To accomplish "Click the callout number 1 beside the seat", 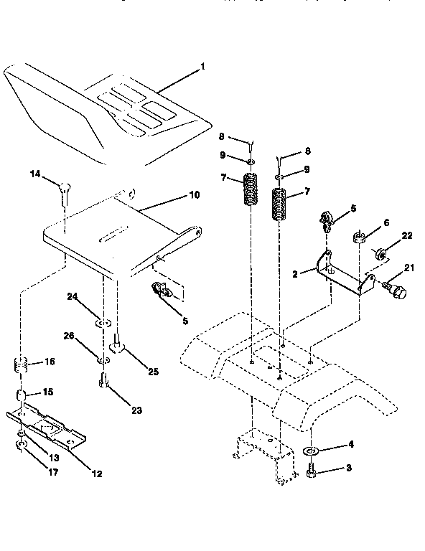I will [202, 67].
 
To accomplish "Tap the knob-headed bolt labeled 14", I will [65, 189].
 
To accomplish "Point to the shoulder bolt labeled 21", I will [396, 291].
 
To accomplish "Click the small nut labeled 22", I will [383, 253].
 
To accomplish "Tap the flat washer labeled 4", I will [312, 452].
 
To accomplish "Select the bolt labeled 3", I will [312, 472].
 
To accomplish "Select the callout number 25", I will [154, 371].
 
